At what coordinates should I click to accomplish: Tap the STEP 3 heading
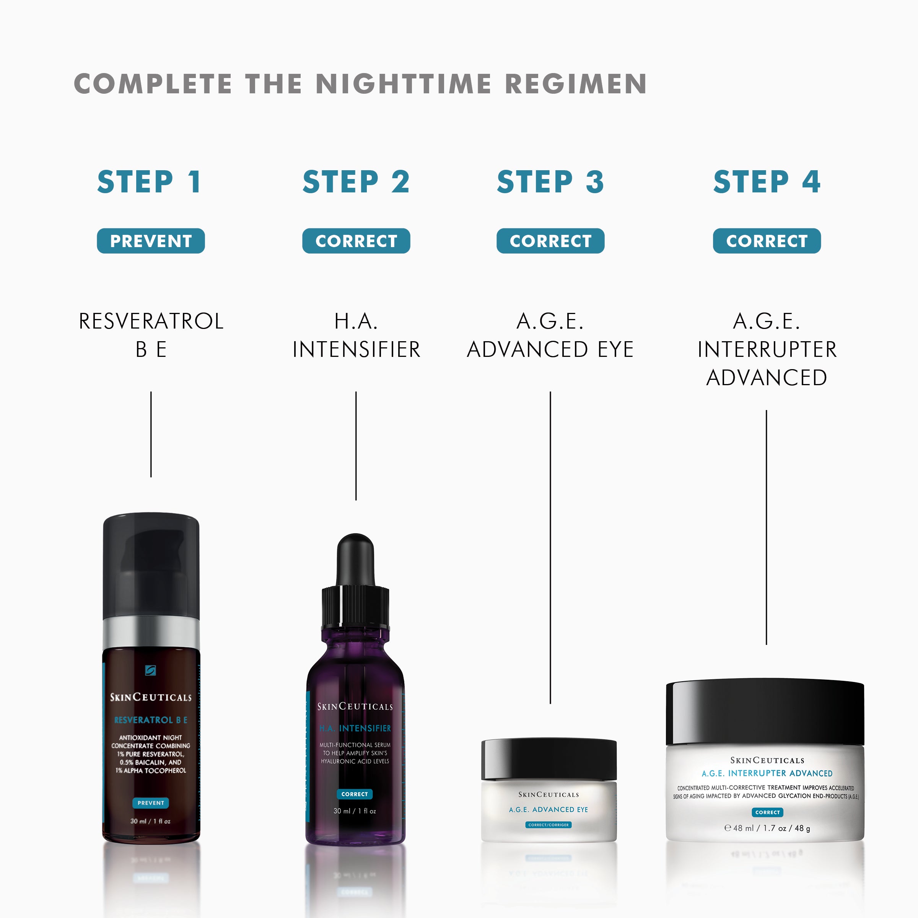click(x=550, y=182)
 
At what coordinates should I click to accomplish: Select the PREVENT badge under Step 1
click(x=151, y=241)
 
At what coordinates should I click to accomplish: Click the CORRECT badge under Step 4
click(x=767, y=241)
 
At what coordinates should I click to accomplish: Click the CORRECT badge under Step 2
click(x=356, y=241)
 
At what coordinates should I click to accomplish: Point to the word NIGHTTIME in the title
click(x=404, y=84)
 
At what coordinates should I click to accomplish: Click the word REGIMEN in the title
click(x=575, y=84)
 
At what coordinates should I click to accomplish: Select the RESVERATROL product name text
click(x=151, y=322)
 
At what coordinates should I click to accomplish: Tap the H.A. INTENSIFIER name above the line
click(x=356, y=335)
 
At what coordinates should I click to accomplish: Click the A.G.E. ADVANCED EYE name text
click(x=550, y=335)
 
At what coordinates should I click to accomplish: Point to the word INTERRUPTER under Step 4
click(x=767, y=350)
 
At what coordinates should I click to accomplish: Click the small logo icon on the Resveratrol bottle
click(x=150, y=671)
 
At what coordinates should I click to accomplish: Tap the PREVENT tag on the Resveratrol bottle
click(x=151, y=803)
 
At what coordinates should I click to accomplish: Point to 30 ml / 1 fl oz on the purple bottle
click(x=355, y=811)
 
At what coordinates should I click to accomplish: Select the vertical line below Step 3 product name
click(x=550, y=547)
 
